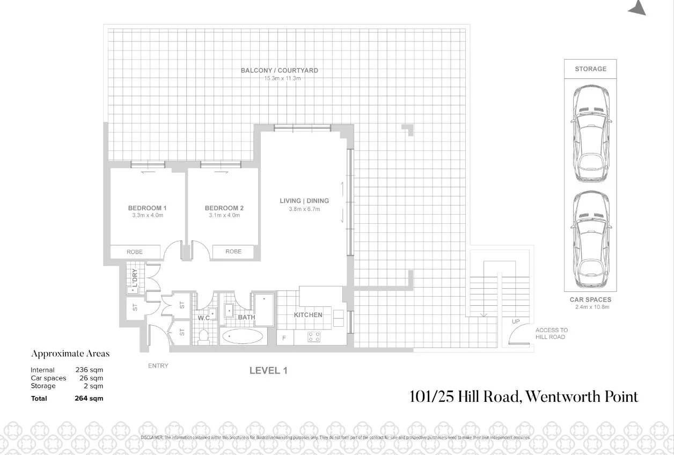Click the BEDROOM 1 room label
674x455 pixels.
[147, 208]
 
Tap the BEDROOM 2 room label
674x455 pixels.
[224, 208]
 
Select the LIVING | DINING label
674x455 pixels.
[304, 201]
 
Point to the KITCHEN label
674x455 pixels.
[308, 315]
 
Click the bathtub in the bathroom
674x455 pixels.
[243, 337]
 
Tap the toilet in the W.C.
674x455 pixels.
[203, 336]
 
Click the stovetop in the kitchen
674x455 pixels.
[314, 337]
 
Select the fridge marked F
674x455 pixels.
[284, 338]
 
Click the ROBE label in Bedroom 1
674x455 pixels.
[135, 252]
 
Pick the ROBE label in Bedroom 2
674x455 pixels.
[233, 251]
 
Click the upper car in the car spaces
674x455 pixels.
[590, 134]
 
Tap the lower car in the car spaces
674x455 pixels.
[590, 240]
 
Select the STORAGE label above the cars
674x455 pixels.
[590, 69]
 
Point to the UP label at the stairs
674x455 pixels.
[516, 321]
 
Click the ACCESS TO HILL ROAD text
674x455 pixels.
[551, 333]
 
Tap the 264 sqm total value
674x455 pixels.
[89, 398]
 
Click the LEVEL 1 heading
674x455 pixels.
[268, 370]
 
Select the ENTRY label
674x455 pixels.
[158, 366]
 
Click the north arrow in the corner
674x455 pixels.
[638, 8]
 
